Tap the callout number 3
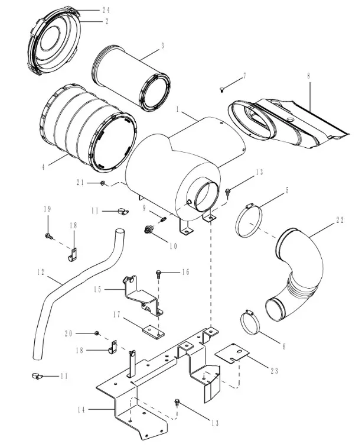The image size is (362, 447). tap(162, 45)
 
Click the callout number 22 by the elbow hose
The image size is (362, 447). tap(340, 220)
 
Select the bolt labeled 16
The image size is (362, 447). tap(158, 274)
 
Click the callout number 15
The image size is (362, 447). tap(99, 289)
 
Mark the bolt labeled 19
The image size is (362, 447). tap(47, 237)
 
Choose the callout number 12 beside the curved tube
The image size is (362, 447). tap(40, 273)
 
